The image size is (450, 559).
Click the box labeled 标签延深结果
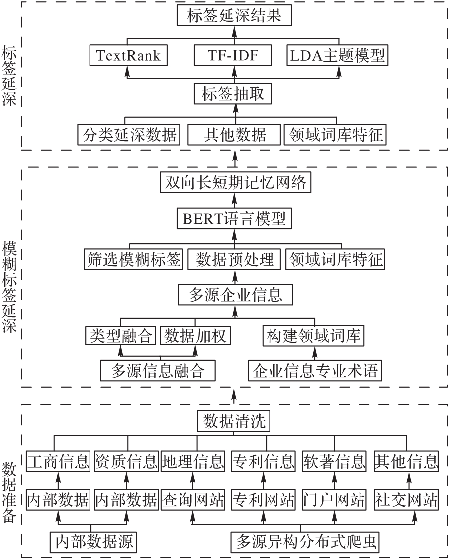click(x=234, y=15)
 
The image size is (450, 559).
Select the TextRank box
click(x=128, y=55)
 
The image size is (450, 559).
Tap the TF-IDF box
click(x=233, y=55)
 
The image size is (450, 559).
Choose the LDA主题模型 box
click(x=337, y=55)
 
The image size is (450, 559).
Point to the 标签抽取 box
click(x=233, y=94)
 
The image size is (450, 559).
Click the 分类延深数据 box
click(x=128, y=134)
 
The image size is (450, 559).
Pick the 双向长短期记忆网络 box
click(x=235, y=182)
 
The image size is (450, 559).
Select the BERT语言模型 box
click(x=234, y=218)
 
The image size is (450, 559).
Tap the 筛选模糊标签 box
click(x=133, y=259)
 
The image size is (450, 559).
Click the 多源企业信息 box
click(x=236, y=295)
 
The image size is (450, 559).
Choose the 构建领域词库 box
click(x=313, y=335)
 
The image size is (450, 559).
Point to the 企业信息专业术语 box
click(x=315, y=370)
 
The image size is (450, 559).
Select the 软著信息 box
click(x=334, y=461)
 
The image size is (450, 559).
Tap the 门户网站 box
click(x=334, y=500)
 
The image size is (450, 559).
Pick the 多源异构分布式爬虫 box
click(x=305, y=542)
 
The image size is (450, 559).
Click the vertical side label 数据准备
click(x=9, y=492)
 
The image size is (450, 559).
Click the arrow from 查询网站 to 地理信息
click(x=193, y=480)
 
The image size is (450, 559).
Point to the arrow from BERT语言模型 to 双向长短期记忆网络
click(x=235, y=200)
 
